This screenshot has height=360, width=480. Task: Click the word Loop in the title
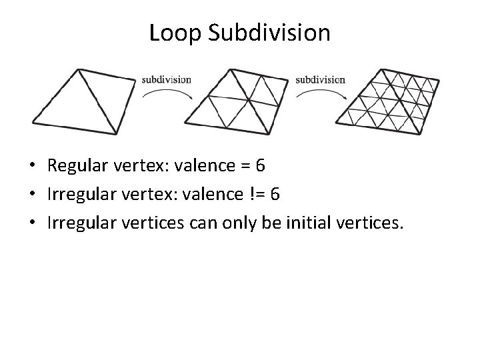pyautogui.click(x=173, y=32)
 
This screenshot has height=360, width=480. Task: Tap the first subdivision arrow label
pyautogui.click(x=166, y=79)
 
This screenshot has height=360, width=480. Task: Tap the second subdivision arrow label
pyautogui.click(x=320, y=79)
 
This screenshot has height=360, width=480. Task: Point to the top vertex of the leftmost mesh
pyautogui.click(x=78, y=69)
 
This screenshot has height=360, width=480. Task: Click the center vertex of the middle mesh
pyautogui.click(x=248, y=101)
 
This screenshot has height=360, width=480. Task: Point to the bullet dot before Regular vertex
pyautogui.click(x=33, y=166)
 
